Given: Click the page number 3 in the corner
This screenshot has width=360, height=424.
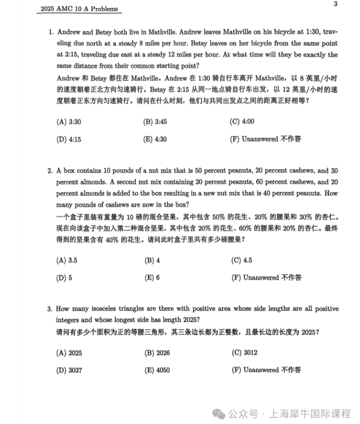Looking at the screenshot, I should [336, 4].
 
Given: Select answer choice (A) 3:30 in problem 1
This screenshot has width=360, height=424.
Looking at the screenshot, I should [69, 122].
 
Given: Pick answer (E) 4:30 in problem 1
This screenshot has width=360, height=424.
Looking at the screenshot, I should [155, 139].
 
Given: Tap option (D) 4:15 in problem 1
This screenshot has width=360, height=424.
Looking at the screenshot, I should [69, 139].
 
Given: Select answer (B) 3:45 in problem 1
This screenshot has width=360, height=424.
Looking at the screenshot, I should [155, 122].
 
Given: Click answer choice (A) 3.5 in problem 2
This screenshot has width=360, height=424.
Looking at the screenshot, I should [67, 260].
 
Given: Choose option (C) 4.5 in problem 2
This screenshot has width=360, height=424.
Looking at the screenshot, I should [242, 260].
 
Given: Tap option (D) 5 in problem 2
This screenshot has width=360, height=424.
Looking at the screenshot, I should [64, 277].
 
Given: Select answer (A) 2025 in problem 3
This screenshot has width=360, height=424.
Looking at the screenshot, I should [69, 353].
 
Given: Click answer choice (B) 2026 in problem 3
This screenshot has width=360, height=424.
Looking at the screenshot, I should [157, 353].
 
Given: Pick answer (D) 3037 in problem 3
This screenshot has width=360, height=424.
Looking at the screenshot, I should [69, 370].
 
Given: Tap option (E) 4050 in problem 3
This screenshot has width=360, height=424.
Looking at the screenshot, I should [157, 370].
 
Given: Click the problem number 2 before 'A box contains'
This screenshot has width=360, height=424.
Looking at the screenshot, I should [50, 170].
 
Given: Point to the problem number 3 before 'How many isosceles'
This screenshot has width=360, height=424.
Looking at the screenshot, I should [50, 309].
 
